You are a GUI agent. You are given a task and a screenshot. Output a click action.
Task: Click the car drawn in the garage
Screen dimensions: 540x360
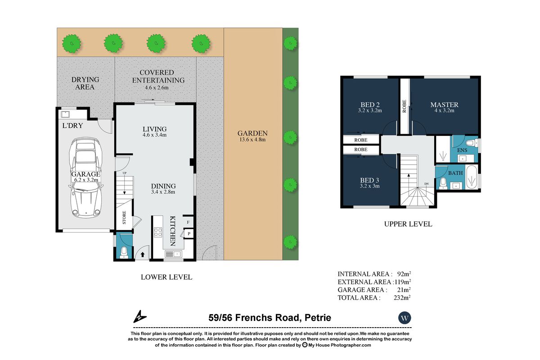point(85,178)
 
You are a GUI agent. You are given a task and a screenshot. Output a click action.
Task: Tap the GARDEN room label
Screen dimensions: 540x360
point(252,133)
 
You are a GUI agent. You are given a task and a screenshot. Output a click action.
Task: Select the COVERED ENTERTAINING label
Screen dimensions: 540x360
point(158,76)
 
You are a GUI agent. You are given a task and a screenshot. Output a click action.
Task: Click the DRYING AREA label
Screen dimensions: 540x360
point(85,83)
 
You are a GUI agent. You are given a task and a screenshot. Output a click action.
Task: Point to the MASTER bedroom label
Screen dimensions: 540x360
point(444,105)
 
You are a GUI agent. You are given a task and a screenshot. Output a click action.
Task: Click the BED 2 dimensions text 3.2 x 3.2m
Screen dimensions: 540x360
point(370,111)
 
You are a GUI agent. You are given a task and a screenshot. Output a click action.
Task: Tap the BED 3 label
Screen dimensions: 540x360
point(369,180)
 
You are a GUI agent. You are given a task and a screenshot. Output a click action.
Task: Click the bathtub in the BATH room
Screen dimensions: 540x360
point(472,177)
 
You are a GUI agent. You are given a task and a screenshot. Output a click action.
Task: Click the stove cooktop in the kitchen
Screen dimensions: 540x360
point(158,233)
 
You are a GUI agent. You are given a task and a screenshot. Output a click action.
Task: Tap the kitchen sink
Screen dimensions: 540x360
point(173,254)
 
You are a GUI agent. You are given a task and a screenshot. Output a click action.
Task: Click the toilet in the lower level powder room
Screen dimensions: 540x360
point(124,252)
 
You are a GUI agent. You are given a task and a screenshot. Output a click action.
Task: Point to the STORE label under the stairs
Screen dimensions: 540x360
point(124,218)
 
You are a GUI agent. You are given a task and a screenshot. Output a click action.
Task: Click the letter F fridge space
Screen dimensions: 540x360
point(188,222)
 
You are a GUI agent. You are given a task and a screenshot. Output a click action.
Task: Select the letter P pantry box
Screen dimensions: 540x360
point(189,234)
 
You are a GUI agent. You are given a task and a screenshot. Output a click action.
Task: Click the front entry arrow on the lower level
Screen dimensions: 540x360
point(143,254)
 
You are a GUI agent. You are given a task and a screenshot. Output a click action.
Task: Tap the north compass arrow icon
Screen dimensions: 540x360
point(139,316)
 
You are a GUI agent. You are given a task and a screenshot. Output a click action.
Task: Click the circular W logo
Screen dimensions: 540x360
point(405,318)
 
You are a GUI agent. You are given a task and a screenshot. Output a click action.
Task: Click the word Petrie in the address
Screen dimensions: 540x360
point(318,318)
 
